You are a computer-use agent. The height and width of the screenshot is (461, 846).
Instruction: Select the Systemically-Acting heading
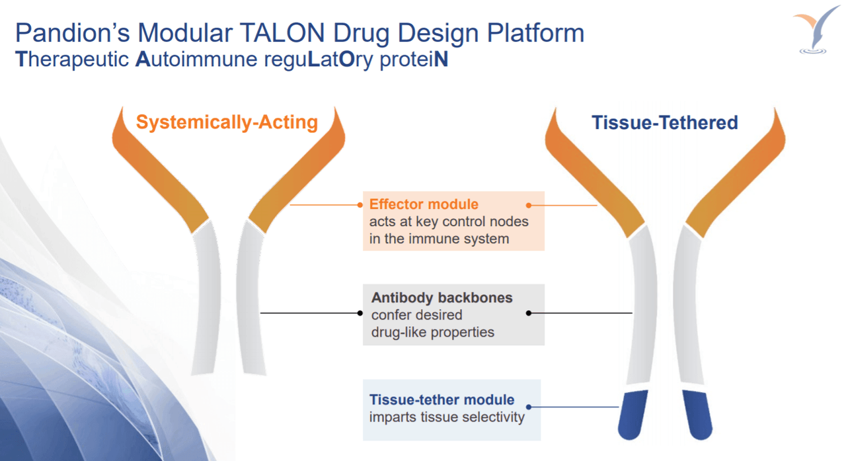[227, 122]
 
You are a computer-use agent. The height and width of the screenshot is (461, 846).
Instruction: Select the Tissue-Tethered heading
[664, 122]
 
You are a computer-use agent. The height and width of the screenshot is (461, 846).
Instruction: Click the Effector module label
[424, 204]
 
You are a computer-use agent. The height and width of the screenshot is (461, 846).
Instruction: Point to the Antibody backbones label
[442, 298]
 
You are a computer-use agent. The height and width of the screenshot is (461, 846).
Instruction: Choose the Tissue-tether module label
[442, 400]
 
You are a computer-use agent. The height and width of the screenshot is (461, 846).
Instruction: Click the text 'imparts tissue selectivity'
[447, 417]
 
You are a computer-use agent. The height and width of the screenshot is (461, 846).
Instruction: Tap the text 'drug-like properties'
[432, 332]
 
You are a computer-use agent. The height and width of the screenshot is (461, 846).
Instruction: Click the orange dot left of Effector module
[360, 205]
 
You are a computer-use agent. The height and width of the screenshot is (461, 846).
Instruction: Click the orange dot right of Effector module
[529, 206]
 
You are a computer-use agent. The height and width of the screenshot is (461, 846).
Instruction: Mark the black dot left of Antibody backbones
[360, 313]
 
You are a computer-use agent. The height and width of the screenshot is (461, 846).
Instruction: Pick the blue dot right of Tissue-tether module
[529, 407]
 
